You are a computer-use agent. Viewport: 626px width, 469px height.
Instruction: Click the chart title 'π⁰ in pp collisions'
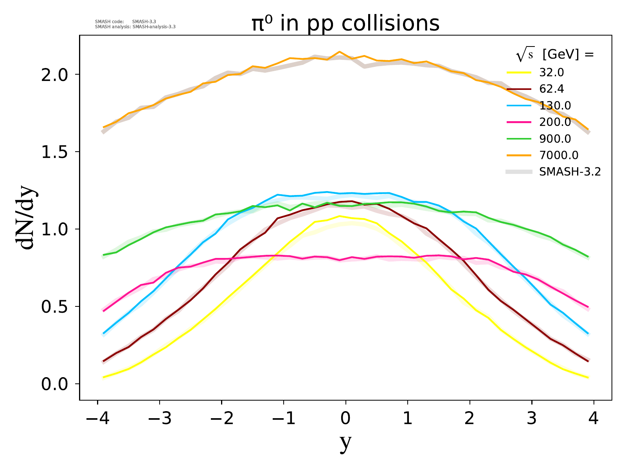(345, 23)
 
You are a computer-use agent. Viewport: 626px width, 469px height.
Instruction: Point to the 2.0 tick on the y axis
(55, 75)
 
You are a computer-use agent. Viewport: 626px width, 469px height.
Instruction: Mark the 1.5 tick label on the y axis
(55, 152)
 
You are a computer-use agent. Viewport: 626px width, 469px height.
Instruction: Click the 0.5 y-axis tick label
(55, 307)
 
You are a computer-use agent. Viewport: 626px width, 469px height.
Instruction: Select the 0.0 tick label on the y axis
(55, 384)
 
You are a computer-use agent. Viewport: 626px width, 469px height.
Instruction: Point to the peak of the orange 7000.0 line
(339, 52)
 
